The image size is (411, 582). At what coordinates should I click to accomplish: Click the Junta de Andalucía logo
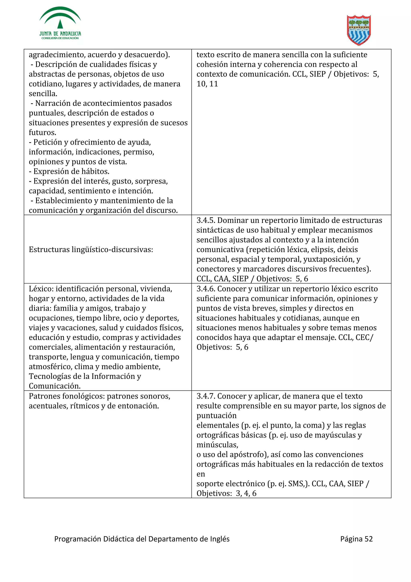coord(60,23)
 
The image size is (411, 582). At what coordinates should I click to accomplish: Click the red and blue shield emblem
coord(359,30)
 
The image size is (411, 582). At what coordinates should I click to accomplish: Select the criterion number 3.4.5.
coord(206,220)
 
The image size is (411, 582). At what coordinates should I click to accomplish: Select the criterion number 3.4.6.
coord(206,289)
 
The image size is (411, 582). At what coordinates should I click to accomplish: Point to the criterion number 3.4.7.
coord(206,396)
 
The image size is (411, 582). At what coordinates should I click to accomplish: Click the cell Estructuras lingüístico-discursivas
coord(91,249)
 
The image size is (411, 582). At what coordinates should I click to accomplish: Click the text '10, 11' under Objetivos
coord(207,84)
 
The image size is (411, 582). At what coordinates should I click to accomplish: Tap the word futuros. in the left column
coord(42,132)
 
